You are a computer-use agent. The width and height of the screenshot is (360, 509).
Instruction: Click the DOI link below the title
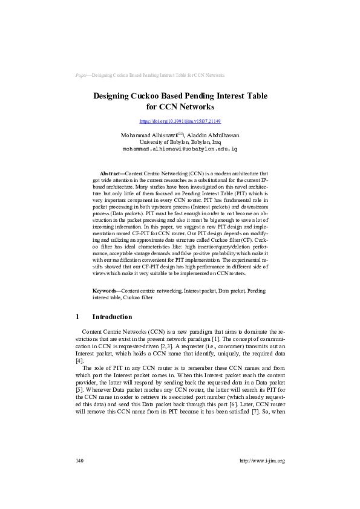coord(180,122)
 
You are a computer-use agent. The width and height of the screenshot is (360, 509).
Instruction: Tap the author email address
coord(180,148)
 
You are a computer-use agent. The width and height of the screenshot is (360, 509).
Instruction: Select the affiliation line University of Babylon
coord(180,141)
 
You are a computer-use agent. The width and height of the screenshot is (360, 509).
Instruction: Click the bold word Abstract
coord(110,173)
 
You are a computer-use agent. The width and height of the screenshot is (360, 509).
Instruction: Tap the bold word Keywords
coord(106,291)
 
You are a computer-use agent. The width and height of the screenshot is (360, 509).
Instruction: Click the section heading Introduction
coord(112,317)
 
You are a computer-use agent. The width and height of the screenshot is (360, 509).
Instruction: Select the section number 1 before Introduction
coord(77,317)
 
